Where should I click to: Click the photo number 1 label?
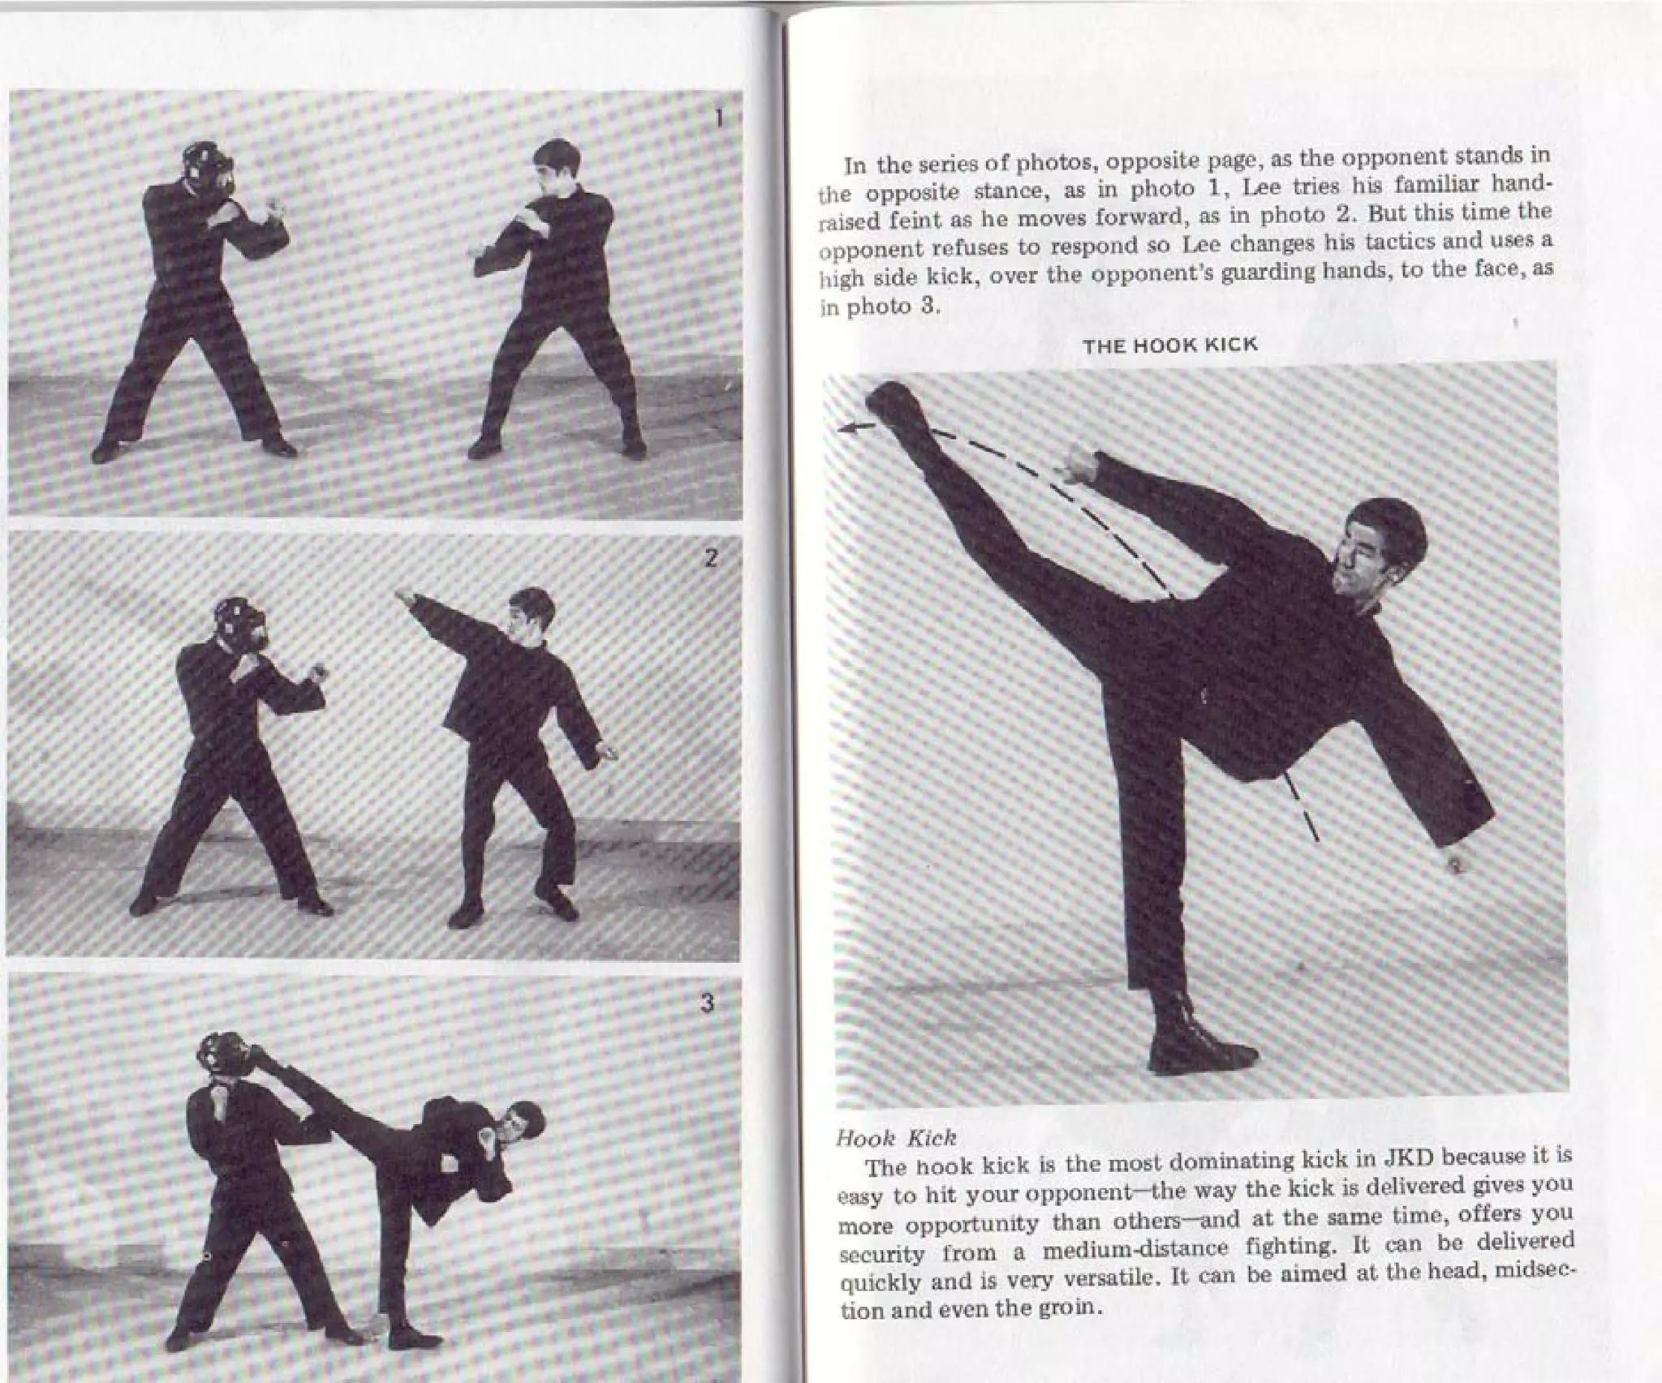tap(717, 118)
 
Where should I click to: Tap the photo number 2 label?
tap(711, 558)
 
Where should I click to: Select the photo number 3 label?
tap(707, 1003)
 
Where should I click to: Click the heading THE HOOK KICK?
tap(1170, 346)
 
